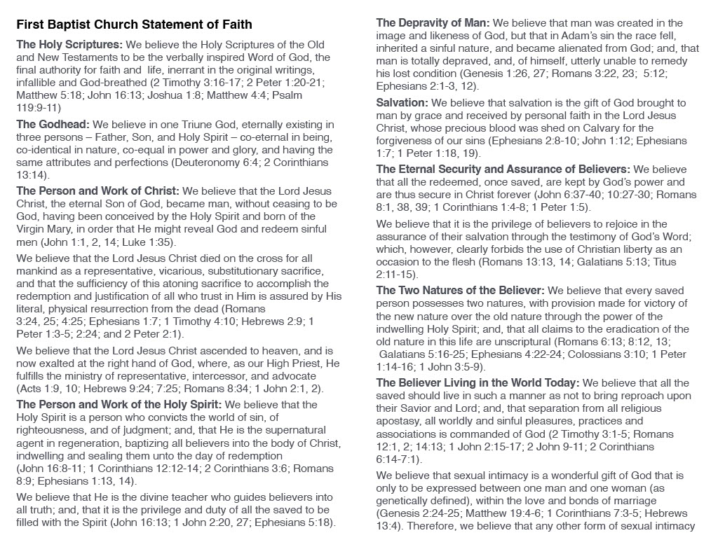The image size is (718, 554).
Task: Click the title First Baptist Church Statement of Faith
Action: coord(134,25)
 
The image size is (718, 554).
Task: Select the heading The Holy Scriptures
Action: coord(69,44)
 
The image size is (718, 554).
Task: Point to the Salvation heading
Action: coord(402,103)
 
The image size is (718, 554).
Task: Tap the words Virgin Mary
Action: coord(46,229)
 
